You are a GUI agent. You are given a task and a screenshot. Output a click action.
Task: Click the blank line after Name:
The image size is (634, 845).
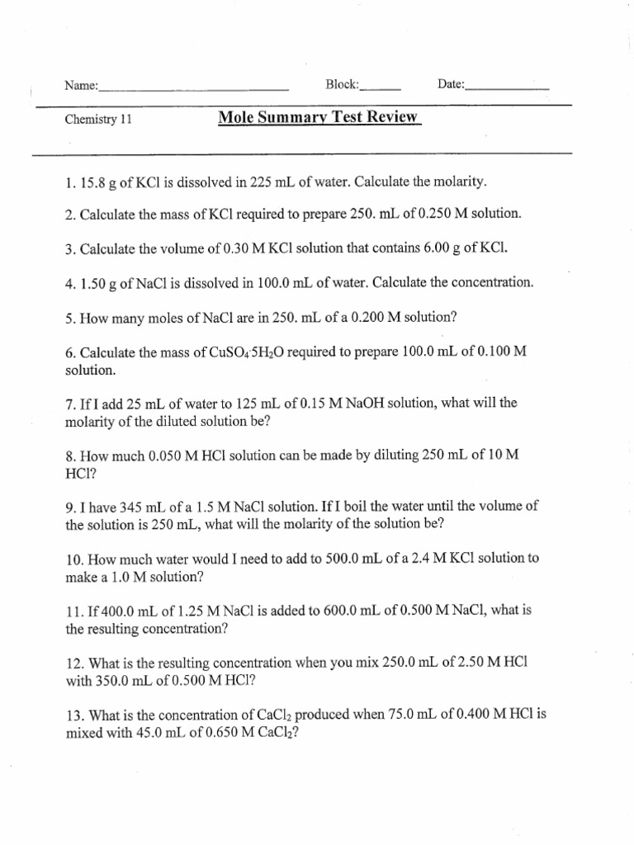[x=193, y=87]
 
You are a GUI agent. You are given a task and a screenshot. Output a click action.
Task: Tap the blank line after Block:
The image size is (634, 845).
[x=381, y=87]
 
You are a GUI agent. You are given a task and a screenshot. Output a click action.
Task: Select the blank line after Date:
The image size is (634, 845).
[x=508, y=87]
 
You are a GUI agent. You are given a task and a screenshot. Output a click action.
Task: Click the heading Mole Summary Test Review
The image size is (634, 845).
[x=319, y=117]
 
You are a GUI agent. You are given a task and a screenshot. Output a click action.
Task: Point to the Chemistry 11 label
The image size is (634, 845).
[x=98, y=119]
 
